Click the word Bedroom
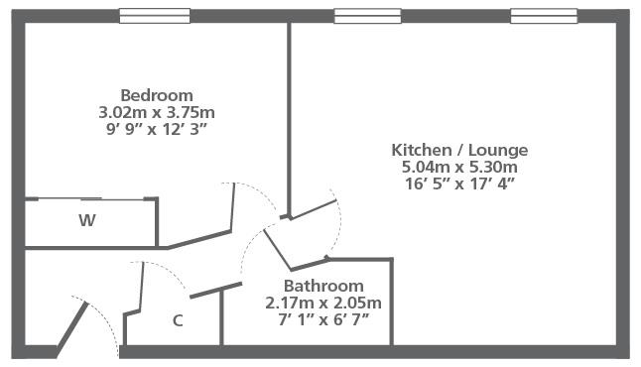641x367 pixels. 157,95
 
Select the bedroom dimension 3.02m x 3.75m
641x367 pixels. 157,112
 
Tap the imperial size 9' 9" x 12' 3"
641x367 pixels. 157,130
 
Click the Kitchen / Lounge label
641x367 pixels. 459,150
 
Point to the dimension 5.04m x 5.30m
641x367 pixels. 459,167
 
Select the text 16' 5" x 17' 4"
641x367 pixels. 459,183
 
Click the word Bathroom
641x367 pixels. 323,286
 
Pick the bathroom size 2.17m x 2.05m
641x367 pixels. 323,303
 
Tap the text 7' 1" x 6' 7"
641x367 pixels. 323,319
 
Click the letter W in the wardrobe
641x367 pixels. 87,220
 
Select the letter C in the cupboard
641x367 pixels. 178,320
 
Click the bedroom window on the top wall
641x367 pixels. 155,16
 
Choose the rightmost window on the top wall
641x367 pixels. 544,16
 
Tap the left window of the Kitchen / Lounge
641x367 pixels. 367,16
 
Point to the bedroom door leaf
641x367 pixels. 233,207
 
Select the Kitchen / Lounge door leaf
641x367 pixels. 313,209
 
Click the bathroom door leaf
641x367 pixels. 277,250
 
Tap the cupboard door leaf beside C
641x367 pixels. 142,286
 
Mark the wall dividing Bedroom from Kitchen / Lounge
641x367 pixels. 289,119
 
